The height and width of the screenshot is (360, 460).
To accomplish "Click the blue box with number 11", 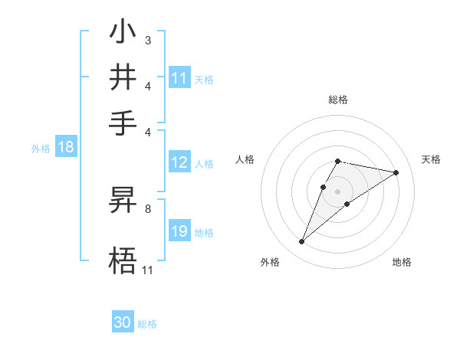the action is pyautogui.click(x=179, y=78).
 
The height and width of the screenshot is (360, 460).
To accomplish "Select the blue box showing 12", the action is pyautogui.click(x=179, y=162).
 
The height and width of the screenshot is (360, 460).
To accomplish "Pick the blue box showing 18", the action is pyautogui.click(x=66, y=148).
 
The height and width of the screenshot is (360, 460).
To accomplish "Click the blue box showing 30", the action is pyautogui.click(x=123, y=323).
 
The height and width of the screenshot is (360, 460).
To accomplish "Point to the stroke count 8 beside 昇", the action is pyautogui.click(x=148, y=208).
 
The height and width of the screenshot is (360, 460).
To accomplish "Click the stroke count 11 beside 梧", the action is pyautogui.click(x=148, y=270).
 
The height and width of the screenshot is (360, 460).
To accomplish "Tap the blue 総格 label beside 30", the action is pyautogui.click(x=147, y=324).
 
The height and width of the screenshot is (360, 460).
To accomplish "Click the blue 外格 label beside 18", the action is pyautogui.click(x=41, y=149).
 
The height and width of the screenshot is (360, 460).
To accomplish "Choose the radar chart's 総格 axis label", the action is pyautogui.click(x=337, y=100).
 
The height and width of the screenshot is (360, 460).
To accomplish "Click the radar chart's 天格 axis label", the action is pyautogui.click(x=431, y=159).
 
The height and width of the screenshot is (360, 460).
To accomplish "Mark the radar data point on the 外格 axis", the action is pyautogui.click(x=302, y=242).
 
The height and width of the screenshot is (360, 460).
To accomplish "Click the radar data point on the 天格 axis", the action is pyautogui.click(x=396, y=172).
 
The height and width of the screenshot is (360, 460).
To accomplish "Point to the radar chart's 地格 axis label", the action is pyautogui.click(x=402, y=263).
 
